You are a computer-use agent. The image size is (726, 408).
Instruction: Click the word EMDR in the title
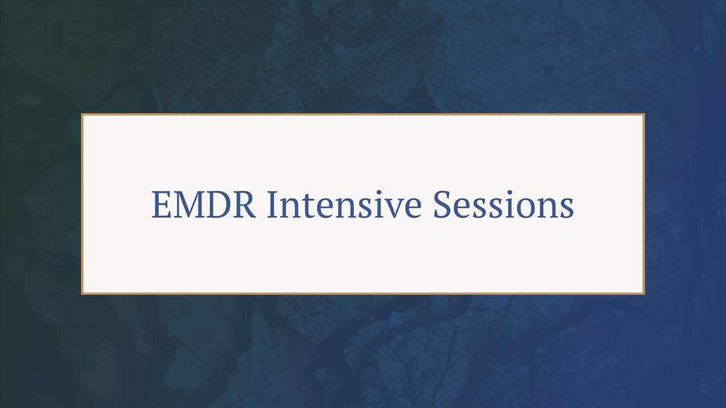(x=204, y=205)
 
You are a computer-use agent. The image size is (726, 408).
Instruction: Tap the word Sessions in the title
(x=504, y=205)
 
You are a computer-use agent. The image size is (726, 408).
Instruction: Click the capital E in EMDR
(x=161, y=205)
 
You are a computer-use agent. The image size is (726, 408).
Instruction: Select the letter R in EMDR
(x=245, y=205)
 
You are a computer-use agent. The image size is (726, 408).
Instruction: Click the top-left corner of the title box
(x=83, y=115)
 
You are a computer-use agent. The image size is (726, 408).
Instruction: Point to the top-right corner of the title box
(x=643, y=115)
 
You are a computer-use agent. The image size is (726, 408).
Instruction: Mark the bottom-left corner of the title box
(x=83, y=293)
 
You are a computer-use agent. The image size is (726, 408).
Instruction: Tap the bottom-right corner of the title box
(x=643, y=293)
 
